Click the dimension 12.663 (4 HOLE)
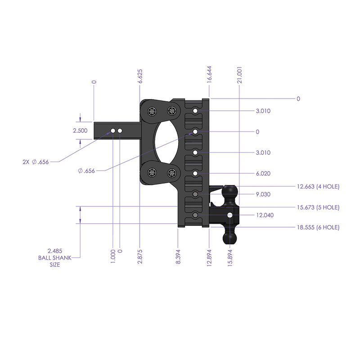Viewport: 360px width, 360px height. [317, 186]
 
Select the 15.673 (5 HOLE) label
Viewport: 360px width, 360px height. [317, 207]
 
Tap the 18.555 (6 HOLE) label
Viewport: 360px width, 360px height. [317, 228]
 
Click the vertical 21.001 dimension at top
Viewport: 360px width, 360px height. [240, 74]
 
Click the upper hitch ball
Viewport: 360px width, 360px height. [230, 192]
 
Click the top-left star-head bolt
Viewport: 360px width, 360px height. [152, 111]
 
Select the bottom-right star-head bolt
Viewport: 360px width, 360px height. [171, 173]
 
